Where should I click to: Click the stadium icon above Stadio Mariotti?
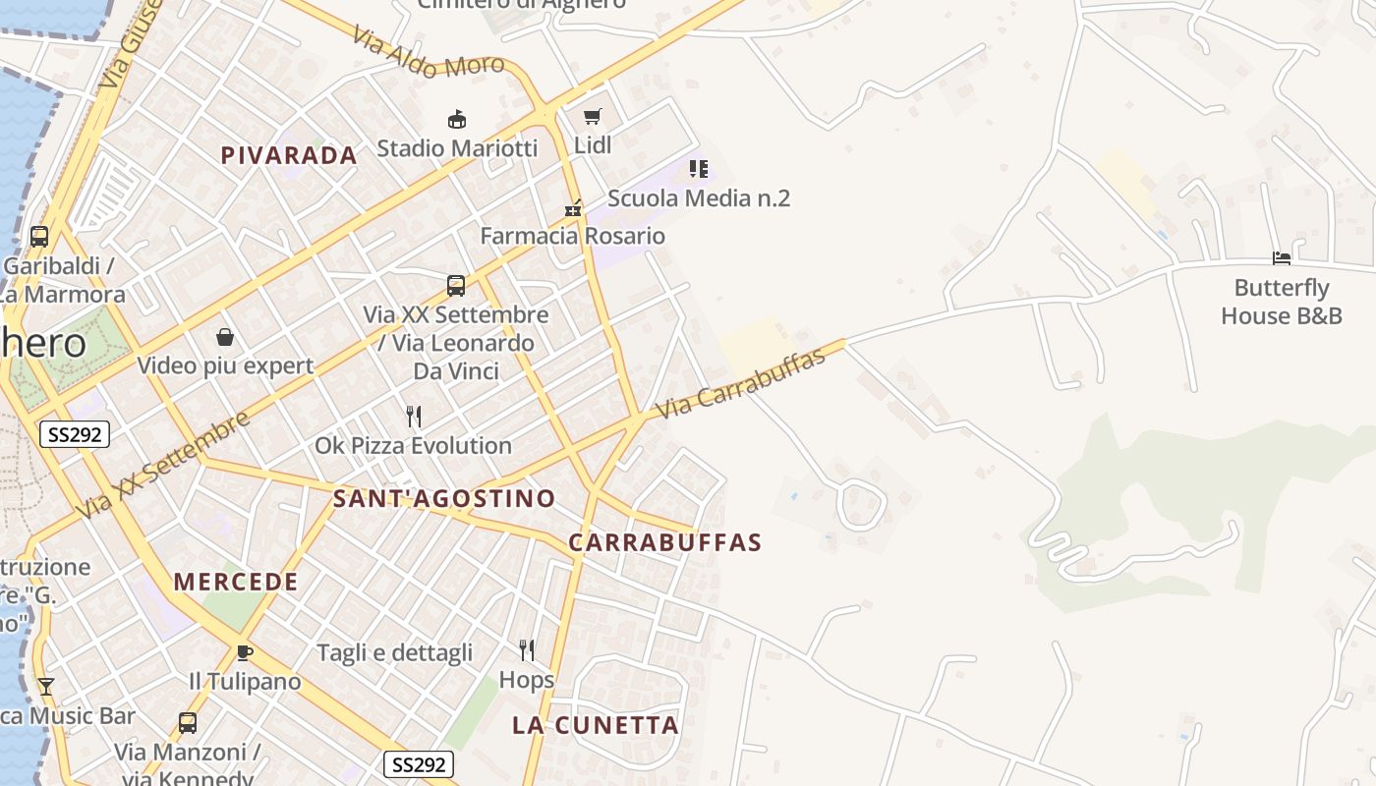tap(456, 120)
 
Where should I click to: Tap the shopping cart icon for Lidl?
tap(592, 117)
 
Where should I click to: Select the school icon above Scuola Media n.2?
tap(698, 169)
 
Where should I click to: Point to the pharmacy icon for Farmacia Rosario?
tap(573, 208)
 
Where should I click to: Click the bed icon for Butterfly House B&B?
tap(1282, 258)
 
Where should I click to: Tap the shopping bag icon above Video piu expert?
tap(225, 338)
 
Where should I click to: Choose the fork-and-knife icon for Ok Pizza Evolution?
tap(414, 417)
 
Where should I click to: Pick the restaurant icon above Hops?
tap(527, 649)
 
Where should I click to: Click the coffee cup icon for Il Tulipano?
tap(245, 652)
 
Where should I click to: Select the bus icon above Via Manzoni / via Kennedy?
tap(188, 723)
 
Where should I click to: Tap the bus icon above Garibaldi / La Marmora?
tap(39, 237)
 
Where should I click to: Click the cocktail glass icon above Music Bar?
tap(45, 687)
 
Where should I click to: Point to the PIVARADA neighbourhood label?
tap(289, 155)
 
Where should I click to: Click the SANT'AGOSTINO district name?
tap(444, 498)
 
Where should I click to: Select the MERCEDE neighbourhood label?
tap(236, 582)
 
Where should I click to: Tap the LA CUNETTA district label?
tap(596, 726)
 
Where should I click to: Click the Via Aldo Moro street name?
tap(429, 55)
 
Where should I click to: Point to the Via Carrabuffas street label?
tap(740, 384)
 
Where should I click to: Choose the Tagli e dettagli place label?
tap(394, 652)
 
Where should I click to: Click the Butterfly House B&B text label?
tap(1282, 302)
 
